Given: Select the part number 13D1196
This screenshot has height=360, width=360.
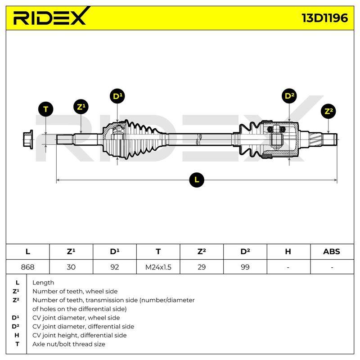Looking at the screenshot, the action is click(324, 18).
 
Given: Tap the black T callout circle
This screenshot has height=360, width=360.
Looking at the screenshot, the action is click(46, 109).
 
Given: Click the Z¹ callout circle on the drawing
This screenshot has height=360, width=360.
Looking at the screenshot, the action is click(81, 107).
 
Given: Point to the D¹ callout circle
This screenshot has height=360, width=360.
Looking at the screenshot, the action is click(117, 96).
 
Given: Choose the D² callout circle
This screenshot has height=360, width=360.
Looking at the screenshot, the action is click(289, 96).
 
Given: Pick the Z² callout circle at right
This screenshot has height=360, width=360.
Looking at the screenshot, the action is click(328, 111).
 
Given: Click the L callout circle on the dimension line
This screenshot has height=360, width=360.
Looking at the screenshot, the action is click(197, 180).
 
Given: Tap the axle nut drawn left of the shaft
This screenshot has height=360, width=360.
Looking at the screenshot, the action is click(28, 139).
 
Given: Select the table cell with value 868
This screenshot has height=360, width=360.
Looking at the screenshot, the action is click(27, 267).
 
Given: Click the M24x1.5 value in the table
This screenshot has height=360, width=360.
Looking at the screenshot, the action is click(158, 267).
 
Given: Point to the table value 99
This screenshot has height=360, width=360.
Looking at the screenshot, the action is click(245, 267).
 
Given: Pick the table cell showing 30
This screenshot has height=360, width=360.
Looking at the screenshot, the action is click(71, 267).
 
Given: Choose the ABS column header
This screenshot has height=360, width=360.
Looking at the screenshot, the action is click(332, 252).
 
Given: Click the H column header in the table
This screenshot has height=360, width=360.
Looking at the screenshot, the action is click(288, 252).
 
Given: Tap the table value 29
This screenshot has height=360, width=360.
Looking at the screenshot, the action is click(202, 267).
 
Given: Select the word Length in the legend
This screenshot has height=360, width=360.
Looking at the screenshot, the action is click(43, 283).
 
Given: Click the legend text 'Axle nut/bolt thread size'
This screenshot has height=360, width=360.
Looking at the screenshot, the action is click(69, 344).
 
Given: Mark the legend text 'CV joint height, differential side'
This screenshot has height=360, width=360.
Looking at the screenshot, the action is click(80, 335).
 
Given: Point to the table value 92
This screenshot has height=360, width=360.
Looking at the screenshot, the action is click(115, 267).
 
